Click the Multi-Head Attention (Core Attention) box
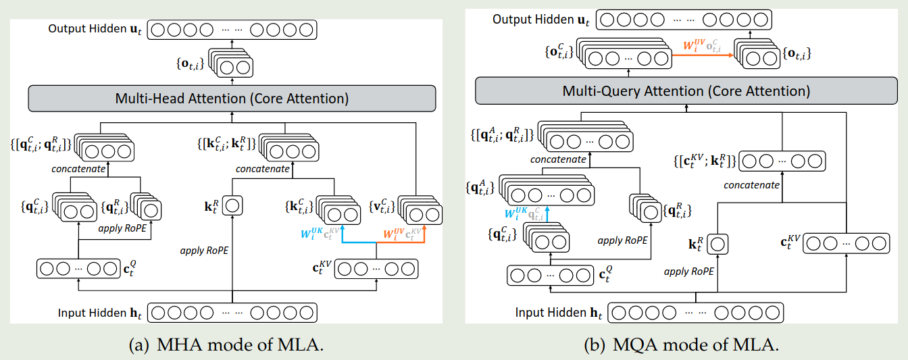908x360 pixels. click(x=232, y=99)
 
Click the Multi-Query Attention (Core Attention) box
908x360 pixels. click(x=686, y=91)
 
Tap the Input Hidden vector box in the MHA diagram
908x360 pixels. click(x=232, y=313)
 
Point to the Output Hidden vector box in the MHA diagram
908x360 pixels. click(x=232, y=30)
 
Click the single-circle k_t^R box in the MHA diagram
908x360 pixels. click(x=232, y=205)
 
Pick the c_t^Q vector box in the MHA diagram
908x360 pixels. click(x=79, y=269)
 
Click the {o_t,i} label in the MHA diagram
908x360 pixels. click(x=191, y=63)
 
